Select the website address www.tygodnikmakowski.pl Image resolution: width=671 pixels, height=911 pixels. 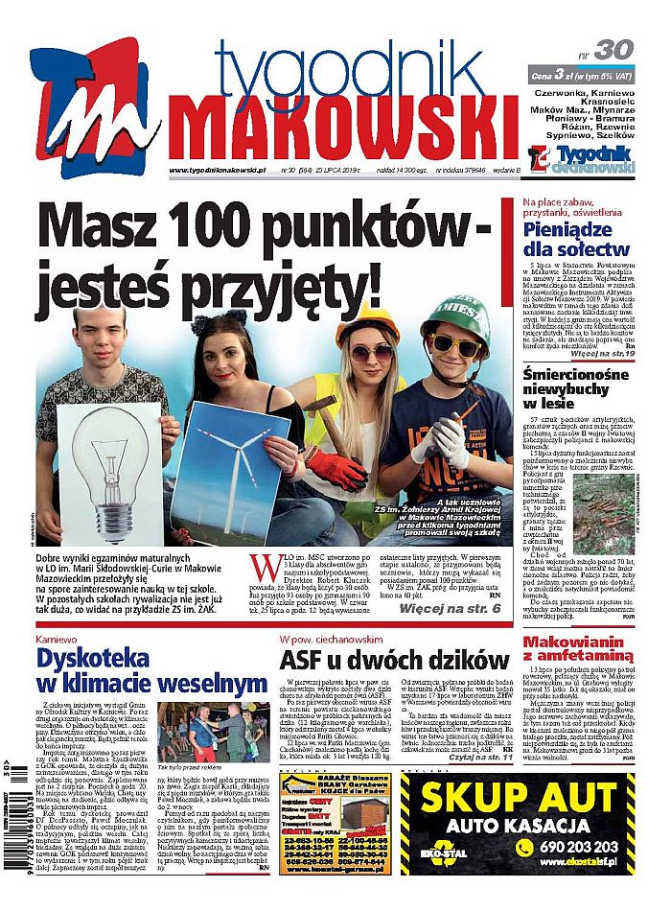[217, 171]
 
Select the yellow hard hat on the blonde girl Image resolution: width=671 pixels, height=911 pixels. [369, 326]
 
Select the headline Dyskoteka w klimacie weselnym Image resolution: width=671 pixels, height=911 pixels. [150, 669]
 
